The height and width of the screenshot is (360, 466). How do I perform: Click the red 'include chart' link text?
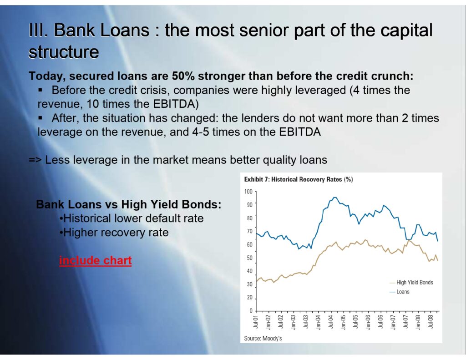click(96, 260)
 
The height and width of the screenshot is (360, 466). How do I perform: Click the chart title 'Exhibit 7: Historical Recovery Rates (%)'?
click(299, 179)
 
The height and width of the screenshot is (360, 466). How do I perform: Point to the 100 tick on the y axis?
click(248, 192)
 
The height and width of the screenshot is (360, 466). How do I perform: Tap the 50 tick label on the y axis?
click(250, 258)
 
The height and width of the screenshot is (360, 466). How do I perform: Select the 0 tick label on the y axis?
click(251, 311)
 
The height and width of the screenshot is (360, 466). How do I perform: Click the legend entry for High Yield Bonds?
click(411, 283)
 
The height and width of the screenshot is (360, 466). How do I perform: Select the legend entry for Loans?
click(400, 292)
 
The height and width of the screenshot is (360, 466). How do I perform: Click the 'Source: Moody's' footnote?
click(263, 338)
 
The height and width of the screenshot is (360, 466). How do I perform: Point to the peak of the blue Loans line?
click(334, 197)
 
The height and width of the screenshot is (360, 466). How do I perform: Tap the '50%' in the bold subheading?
click(183, 76)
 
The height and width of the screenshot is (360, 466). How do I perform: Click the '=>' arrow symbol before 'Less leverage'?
click(35, 160)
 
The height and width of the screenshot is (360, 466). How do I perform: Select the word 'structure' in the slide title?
click(64, 52)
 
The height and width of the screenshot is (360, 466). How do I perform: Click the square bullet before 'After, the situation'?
click(41, 118)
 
